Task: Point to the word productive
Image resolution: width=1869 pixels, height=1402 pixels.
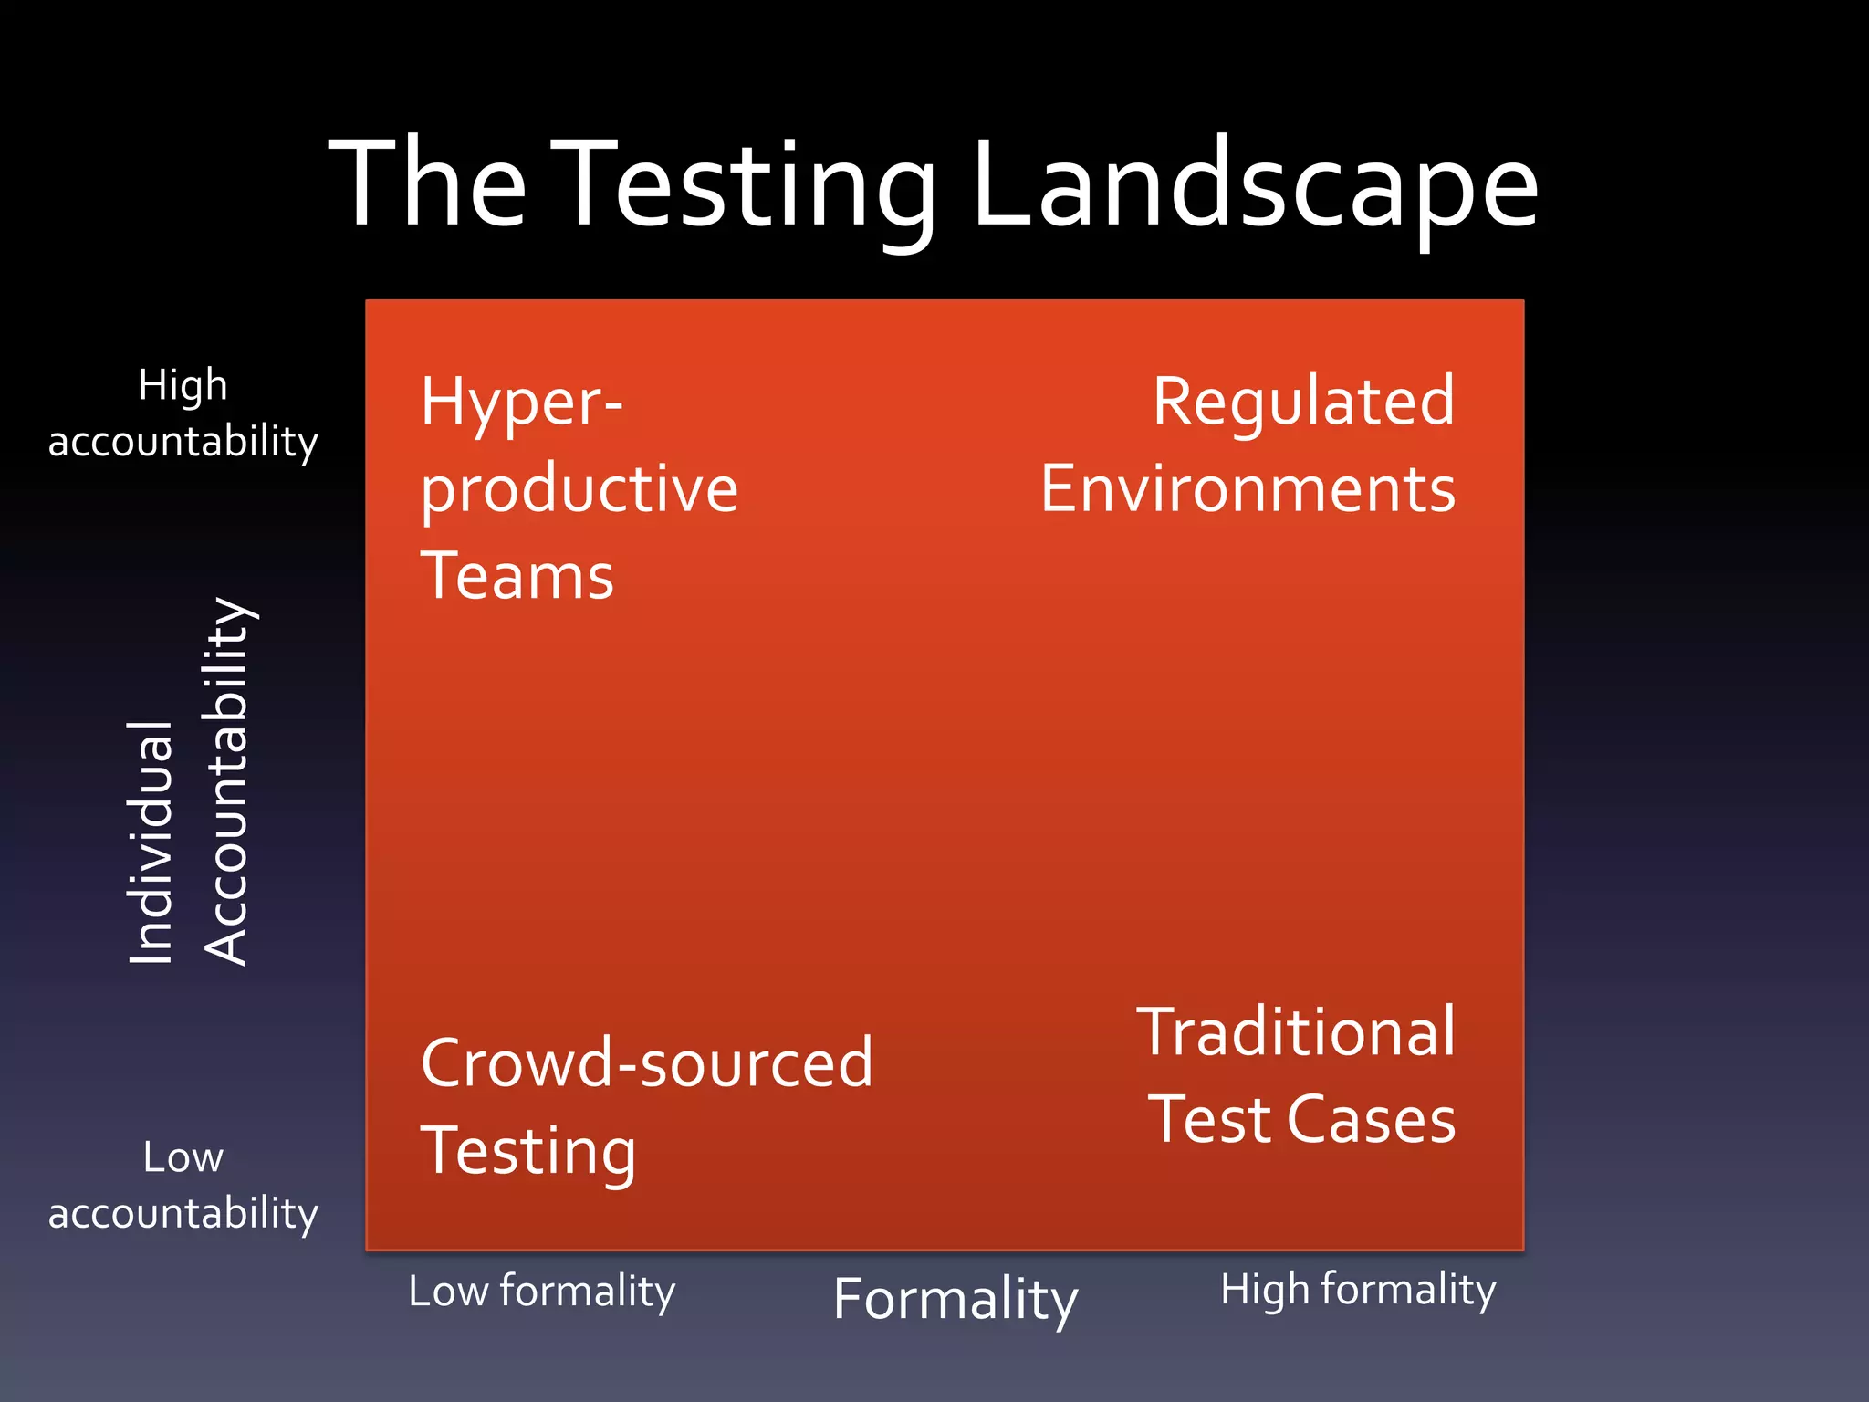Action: click(x=579, y=490)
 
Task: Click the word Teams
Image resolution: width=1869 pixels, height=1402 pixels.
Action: click(x=517, y=576)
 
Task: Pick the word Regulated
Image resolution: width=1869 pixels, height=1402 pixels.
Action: click(x=1303, y=401)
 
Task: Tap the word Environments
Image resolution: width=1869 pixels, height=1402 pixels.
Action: click(x=1248, y=489)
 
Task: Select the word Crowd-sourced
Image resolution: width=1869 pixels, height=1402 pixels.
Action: click(x=646, y=1063)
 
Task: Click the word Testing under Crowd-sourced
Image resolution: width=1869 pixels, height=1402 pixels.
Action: click(x=527, y=1151)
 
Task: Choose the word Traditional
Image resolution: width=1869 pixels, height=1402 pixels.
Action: click(x=1296, y=1032)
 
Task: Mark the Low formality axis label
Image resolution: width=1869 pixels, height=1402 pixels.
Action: click(x=541, y=1292)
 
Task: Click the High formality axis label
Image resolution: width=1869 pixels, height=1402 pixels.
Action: click(x=1358, y=1290)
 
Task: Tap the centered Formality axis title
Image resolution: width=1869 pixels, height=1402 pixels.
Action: click(x=955, y=1300)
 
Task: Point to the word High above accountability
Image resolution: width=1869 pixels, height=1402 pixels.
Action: click(x=183, y=385)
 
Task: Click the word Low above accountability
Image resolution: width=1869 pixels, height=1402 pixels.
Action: click(x=183, y=1158)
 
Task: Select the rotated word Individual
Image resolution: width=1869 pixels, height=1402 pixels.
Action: click(x=151, y=842)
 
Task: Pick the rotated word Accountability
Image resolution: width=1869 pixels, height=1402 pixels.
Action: click(x=225, y=781)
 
